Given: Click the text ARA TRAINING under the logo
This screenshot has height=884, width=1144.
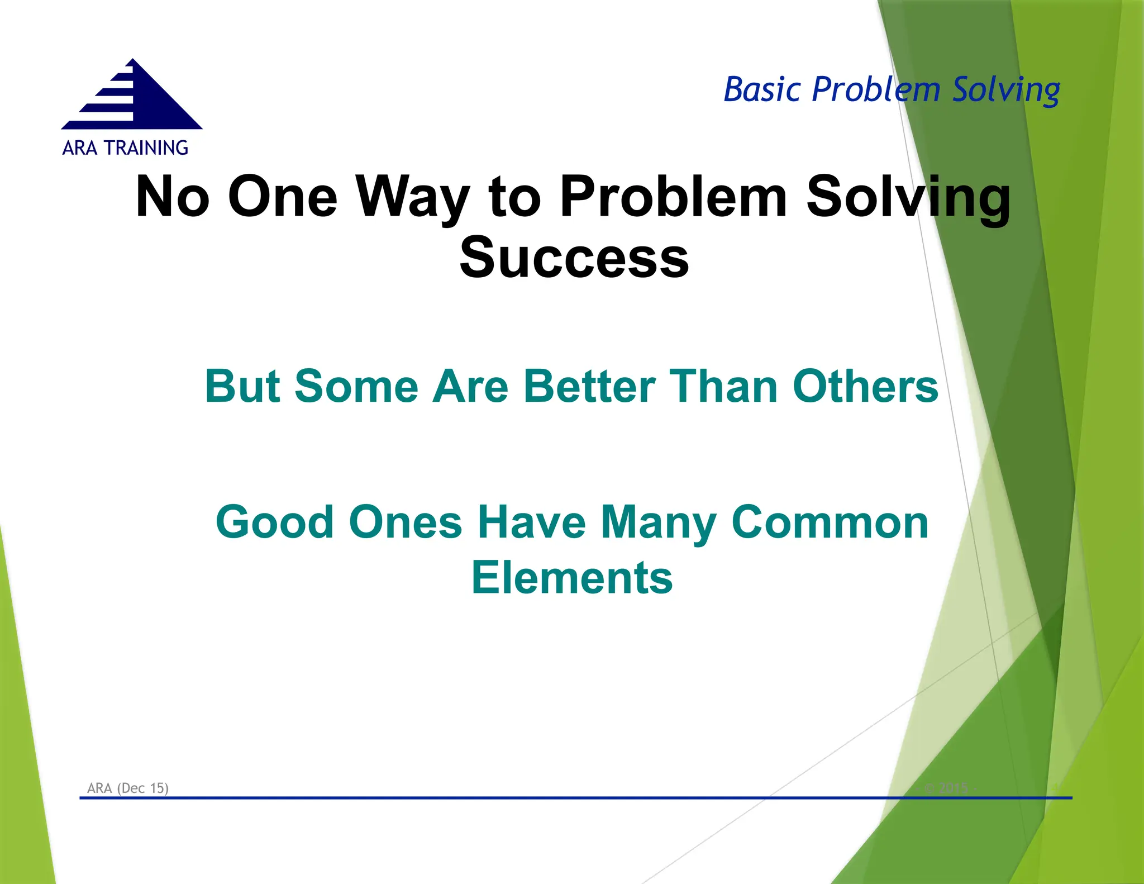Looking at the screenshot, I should tap(125, 148).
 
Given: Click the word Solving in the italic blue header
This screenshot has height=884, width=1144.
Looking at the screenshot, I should tap(1005, 89).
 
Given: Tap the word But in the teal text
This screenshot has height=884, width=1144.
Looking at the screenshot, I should tap(242, 386).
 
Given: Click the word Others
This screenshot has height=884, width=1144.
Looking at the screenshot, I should tap(865, 386).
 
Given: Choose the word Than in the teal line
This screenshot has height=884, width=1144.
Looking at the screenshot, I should tap(723, 386).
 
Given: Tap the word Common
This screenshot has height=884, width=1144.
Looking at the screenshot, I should tap(830, 522).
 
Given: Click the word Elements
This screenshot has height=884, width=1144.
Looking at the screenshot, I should tap(572, 578).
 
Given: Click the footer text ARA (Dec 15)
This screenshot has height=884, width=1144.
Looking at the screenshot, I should tap(128, 788).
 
